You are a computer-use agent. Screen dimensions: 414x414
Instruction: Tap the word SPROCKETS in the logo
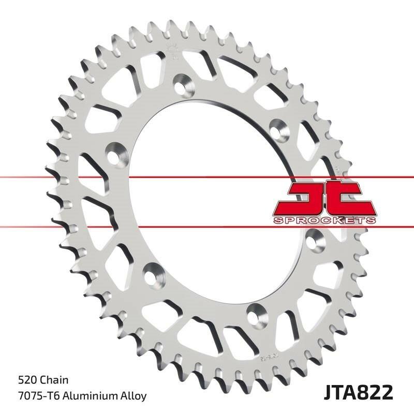click(x=323, y=220)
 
